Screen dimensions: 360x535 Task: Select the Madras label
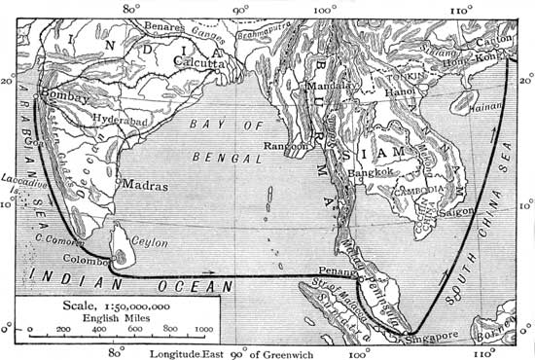(144, 185)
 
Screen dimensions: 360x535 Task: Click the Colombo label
(83, 260)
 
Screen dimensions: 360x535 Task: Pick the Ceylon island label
(149, 242)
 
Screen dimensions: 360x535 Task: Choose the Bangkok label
(374, 172)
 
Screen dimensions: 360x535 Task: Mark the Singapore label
(431, 336)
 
